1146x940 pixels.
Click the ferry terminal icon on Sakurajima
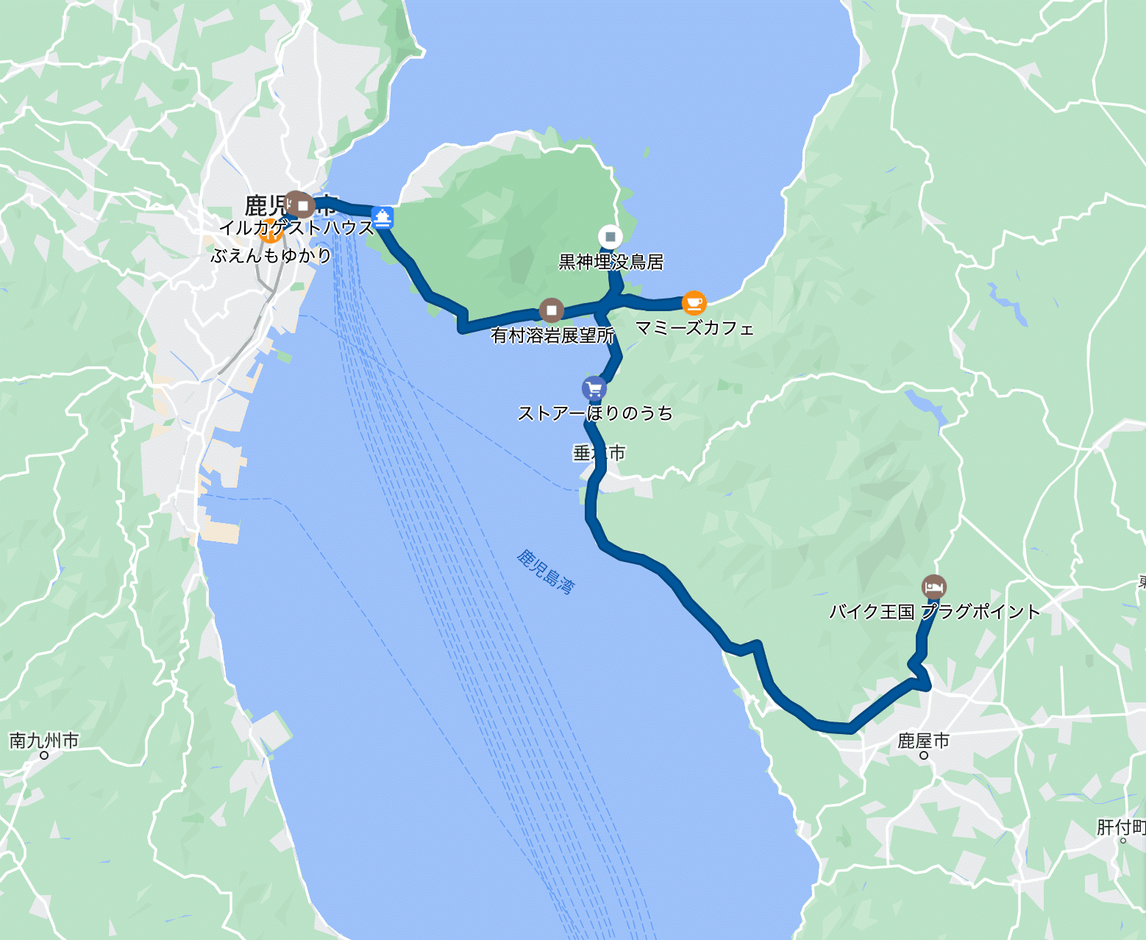[382, 218]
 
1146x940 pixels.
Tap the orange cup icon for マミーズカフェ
[694, 302]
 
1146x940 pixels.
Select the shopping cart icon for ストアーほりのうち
[594, 388]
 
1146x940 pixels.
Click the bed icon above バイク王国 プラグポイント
[933, 587]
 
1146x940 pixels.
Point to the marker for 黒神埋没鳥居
[610, 237]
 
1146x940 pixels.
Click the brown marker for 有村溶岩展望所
[551, 310]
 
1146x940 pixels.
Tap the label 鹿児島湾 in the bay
[545, 571]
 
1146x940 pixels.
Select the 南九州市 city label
[43, 740]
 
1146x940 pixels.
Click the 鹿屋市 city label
[923, 741]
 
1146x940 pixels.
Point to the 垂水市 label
[599, 453]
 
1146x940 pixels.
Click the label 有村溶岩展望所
[552, 336]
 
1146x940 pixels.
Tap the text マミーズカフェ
[694, 328]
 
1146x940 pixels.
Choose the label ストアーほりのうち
[595, 413]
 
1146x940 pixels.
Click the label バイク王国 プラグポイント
[934, 611]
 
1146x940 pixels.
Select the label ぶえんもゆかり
[271, 256]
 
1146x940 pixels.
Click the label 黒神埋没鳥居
[611, 262]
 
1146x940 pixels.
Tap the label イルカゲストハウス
[296, 228]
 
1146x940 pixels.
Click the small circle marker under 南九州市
[43, 755]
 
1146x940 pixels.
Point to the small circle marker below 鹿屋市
[924, 755]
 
